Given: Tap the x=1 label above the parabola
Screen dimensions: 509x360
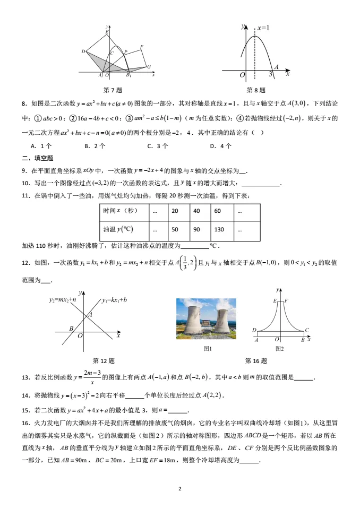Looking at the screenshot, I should tap(263, 27).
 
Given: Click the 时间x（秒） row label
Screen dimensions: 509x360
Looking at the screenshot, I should tap(120, 211).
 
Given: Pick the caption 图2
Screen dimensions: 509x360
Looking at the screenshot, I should tap(280, 349).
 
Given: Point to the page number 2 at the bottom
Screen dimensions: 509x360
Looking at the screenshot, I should tap(180, 489).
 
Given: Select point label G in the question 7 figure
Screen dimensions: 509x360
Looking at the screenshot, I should tap(149, 67).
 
